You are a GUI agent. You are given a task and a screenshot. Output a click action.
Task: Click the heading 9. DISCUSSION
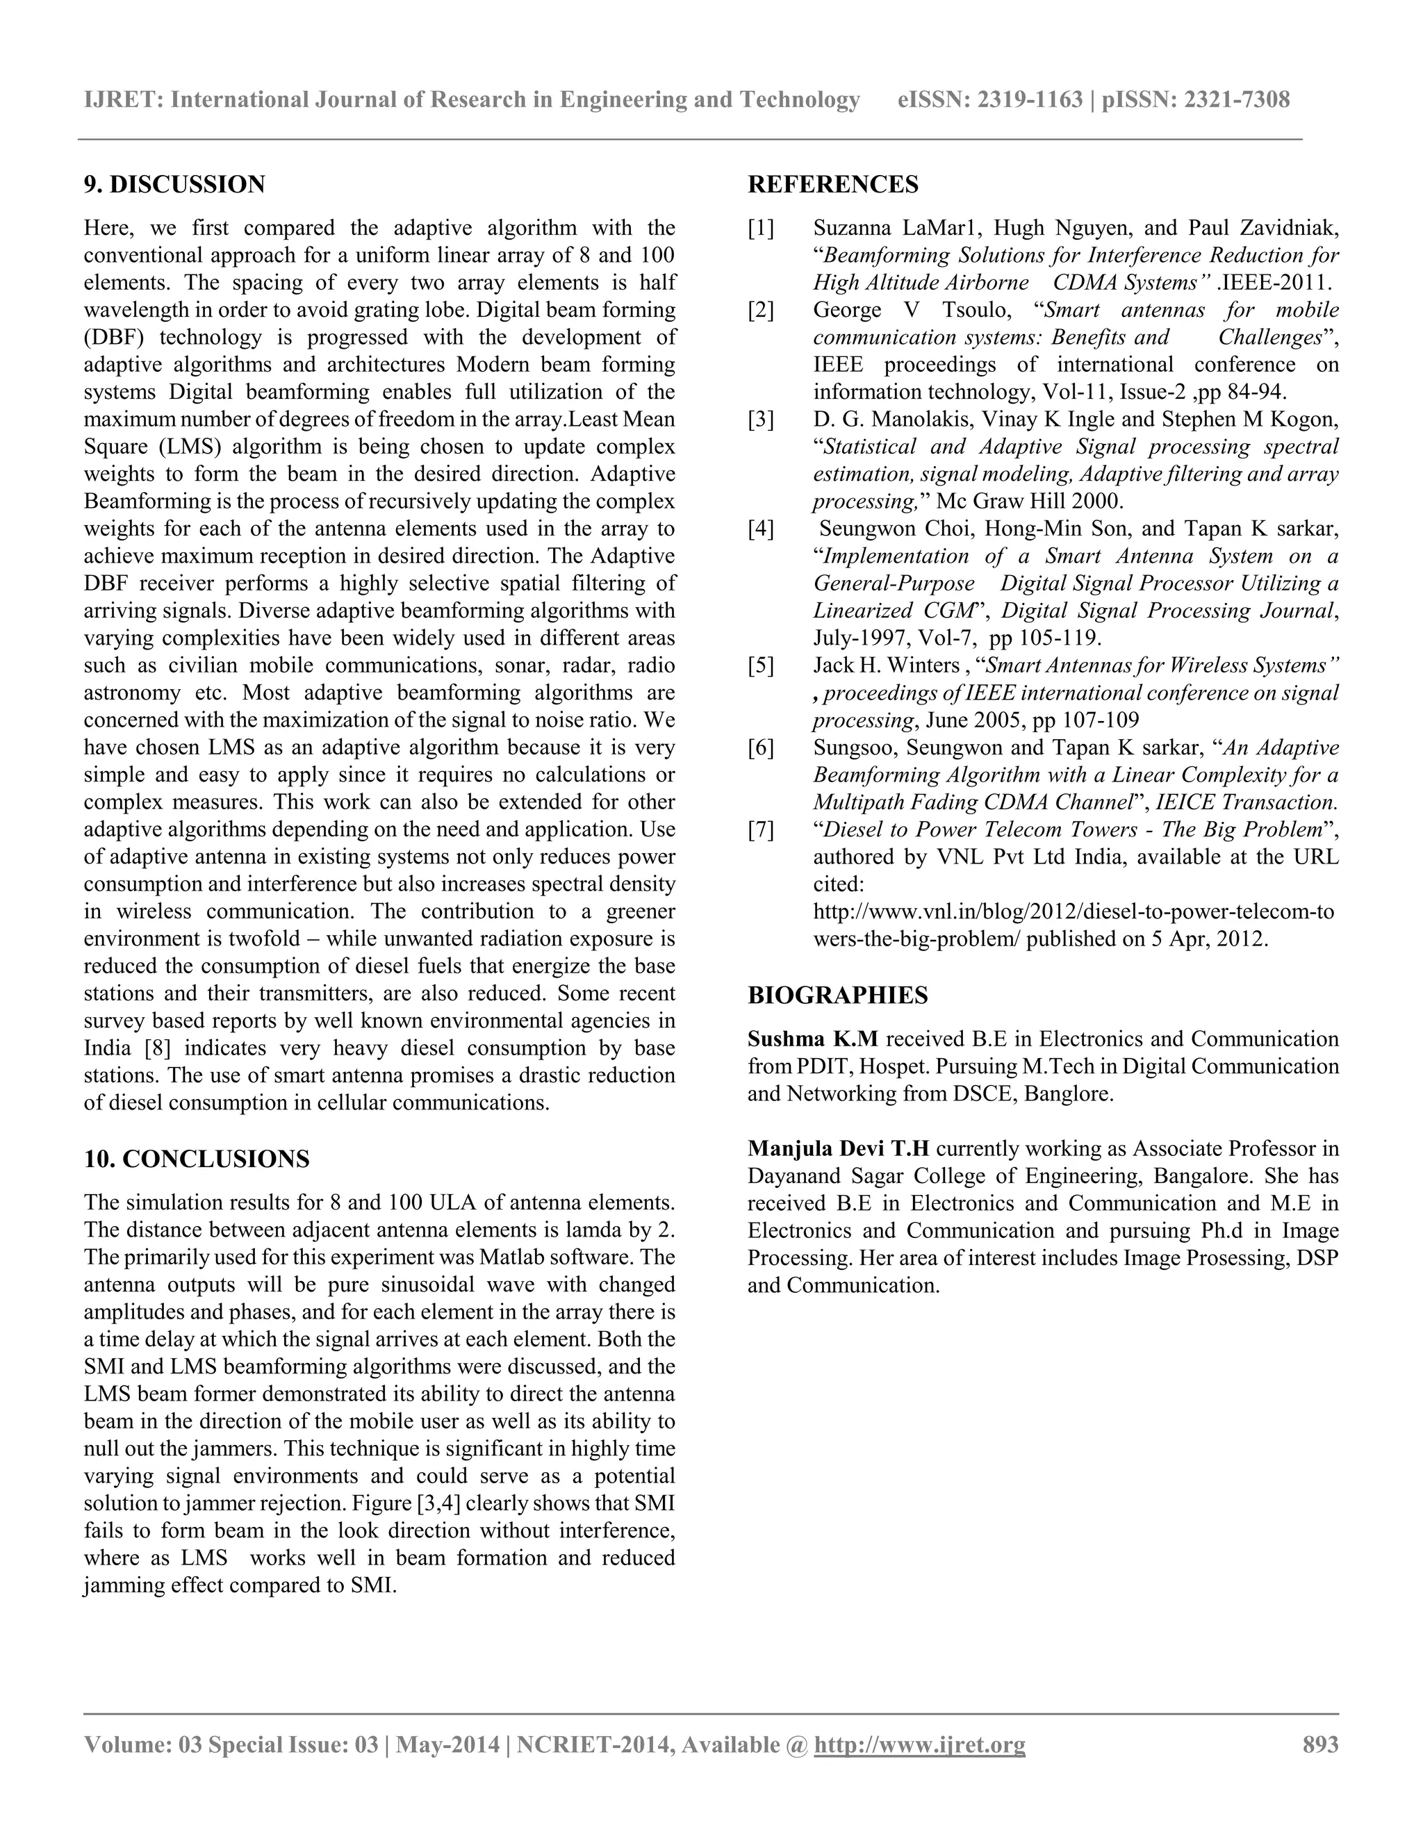click(174, 185)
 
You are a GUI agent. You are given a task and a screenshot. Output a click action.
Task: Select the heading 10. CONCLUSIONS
click(197, 1159)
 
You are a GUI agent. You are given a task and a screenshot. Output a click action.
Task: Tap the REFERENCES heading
click(833, 185)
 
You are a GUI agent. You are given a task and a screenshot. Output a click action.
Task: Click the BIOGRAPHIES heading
click(837, 996)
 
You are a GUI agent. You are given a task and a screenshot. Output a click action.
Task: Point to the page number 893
click(1320, 1744)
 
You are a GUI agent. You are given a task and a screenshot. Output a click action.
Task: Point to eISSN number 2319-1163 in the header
click(1029, 100)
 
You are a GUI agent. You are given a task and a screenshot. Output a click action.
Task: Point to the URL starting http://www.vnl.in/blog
click(1072, 912)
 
